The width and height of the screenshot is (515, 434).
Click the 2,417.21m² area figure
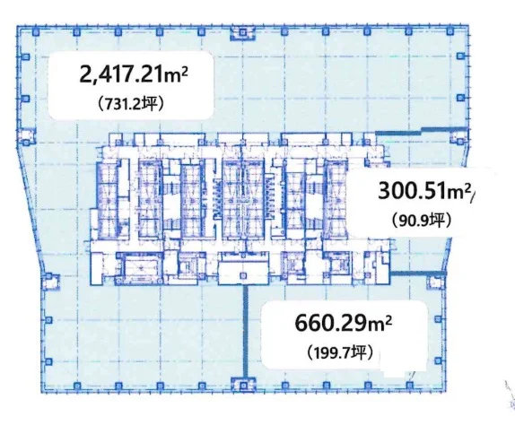tap(134, 74)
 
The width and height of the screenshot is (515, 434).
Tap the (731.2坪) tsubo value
tap(131, 104)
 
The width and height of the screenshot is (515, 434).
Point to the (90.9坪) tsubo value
tap(422, 220)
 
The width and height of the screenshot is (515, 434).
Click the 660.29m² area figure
tap(344, 323)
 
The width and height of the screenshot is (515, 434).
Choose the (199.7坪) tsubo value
tap(340, 353)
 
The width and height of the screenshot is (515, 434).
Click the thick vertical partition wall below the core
tap(245, 331)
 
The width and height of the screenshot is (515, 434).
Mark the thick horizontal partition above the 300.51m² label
tap(421, 131)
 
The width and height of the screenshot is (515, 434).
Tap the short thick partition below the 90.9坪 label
tap(417, 273)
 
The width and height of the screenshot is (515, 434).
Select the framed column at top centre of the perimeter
tap(242, 33)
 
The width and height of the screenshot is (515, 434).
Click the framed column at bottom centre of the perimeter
tap(243, 385)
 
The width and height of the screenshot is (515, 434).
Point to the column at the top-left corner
tap(36, 32)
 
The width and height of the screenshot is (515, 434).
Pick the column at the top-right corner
tap(450, 31)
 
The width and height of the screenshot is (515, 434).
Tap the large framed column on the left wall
tap(26, 136)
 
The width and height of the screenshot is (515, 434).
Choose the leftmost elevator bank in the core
tap(108, 200)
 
